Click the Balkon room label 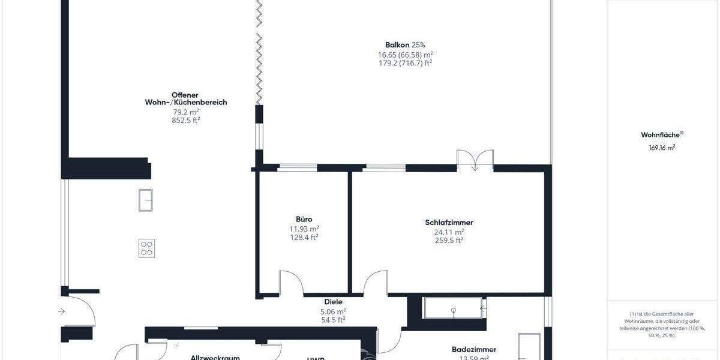397,44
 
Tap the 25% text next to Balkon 419,44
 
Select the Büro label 304,220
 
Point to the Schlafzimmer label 449,223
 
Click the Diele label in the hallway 333,302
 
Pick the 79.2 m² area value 185,112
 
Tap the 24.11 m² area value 449,232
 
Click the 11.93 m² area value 304,229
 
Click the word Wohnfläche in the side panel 659,135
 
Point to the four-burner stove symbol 147,248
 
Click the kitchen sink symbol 145,200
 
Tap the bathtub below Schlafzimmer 453,308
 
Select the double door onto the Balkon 475,160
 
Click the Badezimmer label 474,349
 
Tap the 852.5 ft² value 185,120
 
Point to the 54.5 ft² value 333,320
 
